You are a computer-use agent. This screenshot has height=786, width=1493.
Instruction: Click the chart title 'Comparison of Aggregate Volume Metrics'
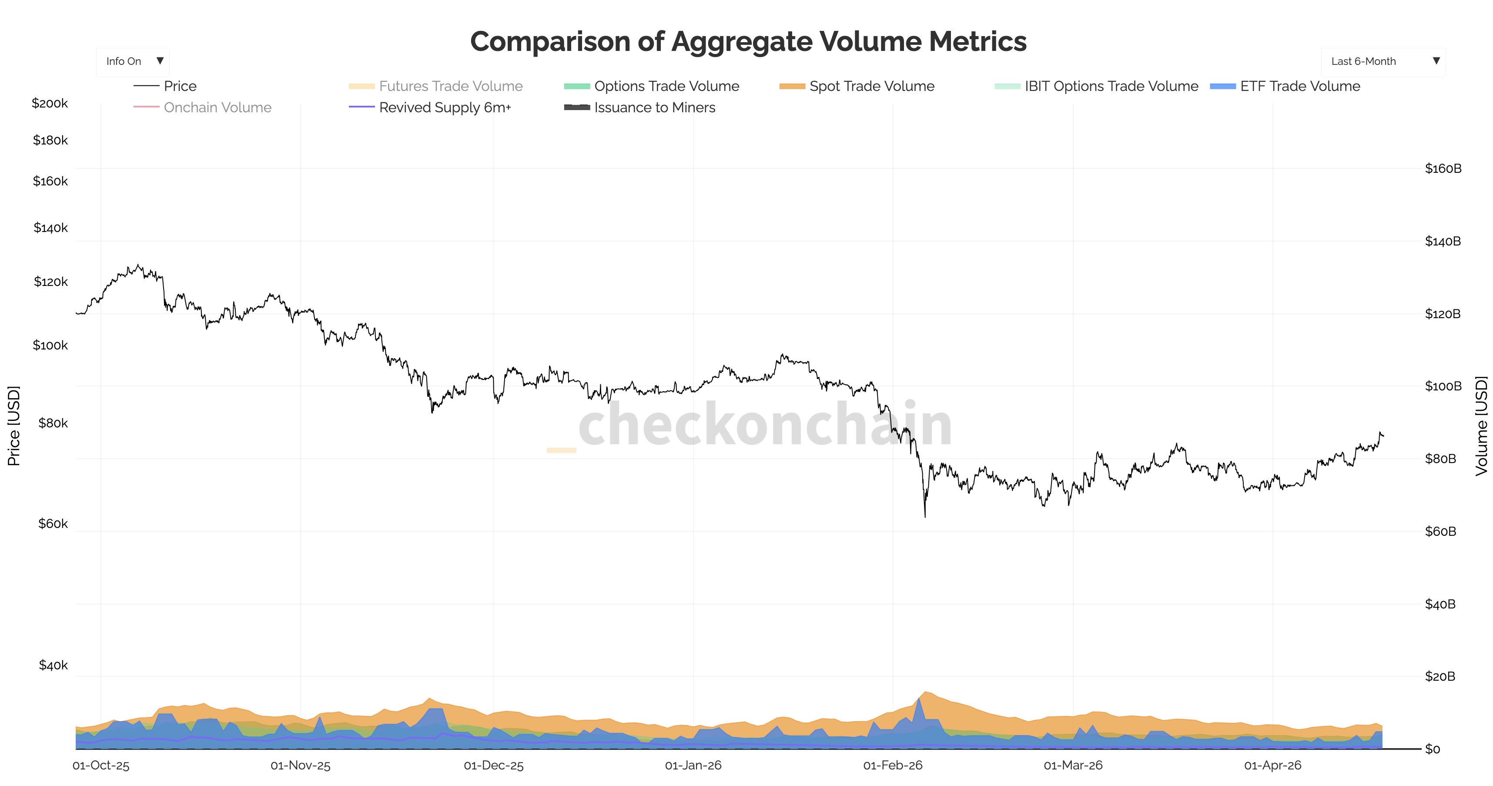748,42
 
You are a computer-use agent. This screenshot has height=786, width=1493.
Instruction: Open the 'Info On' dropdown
133,61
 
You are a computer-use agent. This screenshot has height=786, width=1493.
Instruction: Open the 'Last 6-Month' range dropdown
1383,61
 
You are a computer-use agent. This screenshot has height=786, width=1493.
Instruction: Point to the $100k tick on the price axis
50,346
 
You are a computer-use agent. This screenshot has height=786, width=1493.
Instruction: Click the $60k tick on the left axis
53,524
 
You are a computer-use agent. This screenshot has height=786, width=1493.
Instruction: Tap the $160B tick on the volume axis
1443,169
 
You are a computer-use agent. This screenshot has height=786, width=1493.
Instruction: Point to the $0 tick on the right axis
1432,749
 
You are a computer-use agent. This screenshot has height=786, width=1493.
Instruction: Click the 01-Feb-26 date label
893,766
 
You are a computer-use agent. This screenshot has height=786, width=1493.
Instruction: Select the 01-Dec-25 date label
493,766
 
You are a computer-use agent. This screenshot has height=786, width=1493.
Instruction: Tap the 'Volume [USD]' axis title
1481,426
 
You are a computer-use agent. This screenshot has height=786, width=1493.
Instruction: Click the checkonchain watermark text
765,425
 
